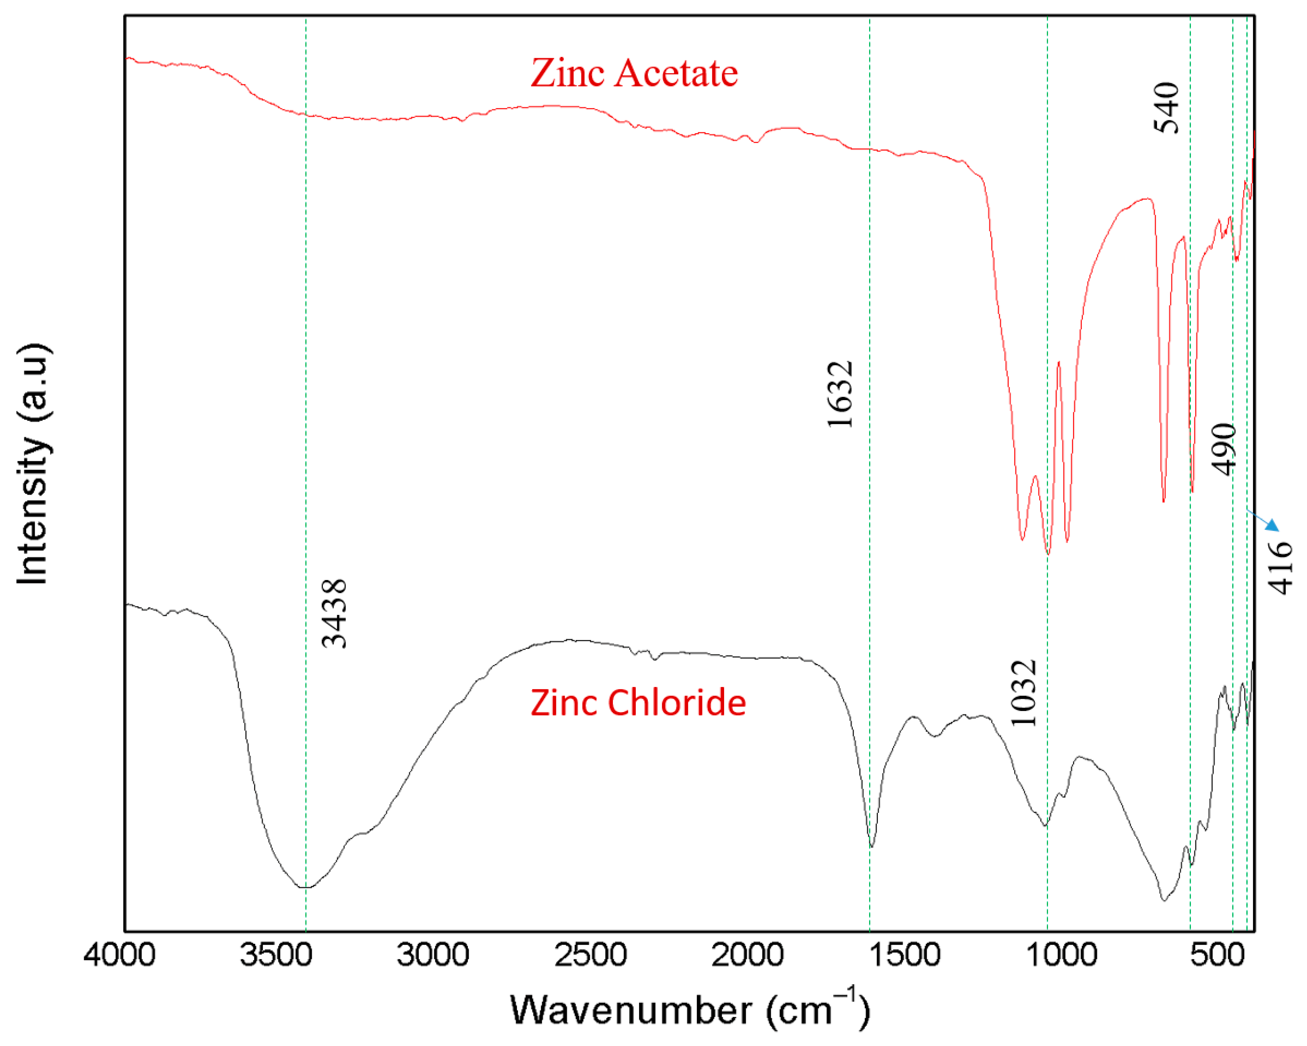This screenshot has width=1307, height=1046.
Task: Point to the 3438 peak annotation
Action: coord(334,613)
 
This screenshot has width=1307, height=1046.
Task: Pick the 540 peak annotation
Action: coord(1167,108)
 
